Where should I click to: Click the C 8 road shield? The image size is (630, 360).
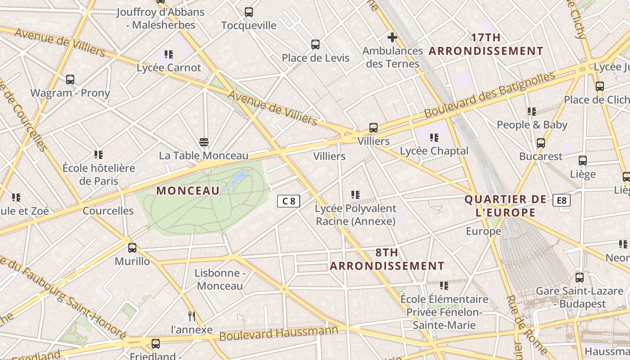click(288, 201)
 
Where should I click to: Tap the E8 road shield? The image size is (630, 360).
click(562, 200)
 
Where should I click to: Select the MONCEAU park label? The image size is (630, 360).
click(188, 190)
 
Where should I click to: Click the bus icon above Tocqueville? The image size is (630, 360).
click(249, 12)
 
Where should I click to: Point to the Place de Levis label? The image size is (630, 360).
click(315, 58)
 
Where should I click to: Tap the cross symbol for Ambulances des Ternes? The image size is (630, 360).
click(392, 37)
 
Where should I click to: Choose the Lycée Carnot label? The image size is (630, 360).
click(169, 67)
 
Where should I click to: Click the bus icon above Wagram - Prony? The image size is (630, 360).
click(70, 80)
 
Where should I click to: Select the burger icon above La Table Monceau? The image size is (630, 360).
click(204, 142)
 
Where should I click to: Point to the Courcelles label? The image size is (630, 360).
click(108, 211)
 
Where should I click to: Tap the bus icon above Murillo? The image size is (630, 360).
click(132, 247)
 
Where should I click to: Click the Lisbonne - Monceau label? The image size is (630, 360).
click(220, 279)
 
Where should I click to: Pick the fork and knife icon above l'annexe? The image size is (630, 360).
click(192, 316)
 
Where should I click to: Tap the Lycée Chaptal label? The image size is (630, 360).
click(434, 151)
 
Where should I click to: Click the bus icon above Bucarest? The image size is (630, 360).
click(541, 143)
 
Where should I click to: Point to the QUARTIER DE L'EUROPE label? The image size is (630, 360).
click(506, 206)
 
